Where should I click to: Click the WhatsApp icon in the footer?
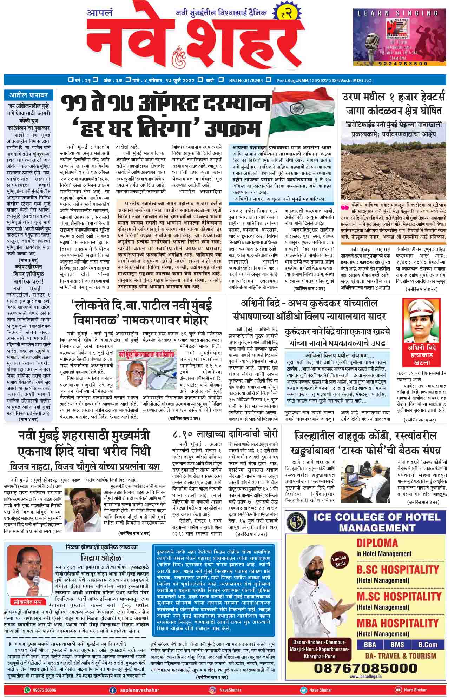[x=27, y=690]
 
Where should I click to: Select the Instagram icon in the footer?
[x=213, y=690]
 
